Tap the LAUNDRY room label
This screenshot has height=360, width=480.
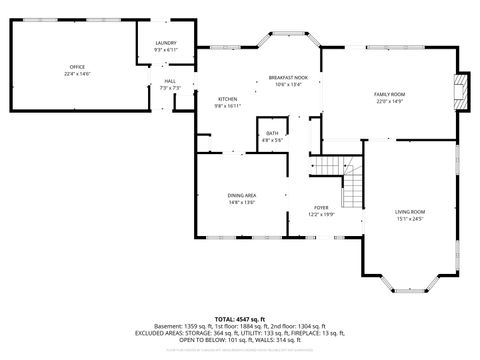pos(166,43)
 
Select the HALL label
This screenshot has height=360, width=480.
pos(170,81)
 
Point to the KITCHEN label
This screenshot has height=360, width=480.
pos(228,98)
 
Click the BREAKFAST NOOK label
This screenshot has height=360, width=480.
pos(287,78)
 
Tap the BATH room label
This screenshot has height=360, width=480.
pos(272,134)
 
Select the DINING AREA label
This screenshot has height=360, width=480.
pos(242,196)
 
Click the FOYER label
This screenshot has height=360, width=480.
pos(322,207)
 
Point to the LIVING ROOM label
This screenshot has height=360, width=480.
pos(410,211)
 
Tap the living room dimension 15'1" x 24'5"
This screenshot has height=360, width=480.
pos(410,218)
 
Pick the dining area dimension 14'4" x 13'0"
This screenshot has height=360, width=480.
pos(242,203)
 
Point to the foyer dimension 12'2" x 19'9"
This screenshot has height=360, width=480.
pos(322,214)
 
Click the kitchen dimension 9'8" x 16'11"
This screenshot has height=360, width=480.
pos(228,105)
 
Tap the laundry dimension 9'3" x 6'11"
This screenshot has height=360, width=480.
pos(166,50)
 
